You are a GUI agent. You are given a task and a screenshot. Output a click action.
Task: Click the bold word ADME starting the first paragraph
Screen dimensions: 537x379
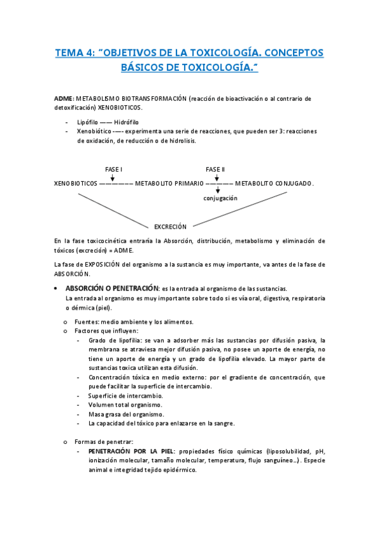click(x=64, y=99)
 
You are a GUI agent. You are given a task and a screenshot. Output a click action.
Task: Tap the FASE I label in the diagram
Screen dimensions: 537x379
click(x=113, y=170)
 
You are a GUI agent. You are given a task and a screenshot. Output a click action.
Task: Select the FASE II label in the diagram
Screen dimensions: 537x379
click(x=215, y=170)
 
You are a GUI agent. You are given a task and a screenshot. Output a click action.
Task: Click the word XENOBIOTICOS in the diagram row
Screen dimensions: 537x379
click(x=76, y=184)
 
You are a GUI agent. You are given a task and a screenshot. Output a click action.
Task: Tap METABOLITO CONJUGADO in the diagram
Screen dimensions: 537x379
click(x=274, y=184)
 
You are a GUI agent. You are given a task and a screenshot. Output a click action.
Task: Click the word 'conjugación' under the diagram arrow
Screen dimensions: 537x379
click(x=220, y=198)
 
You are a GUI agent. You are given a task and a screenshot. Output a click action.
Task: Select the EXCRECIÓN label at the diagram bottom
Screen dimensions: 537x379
click(x=170, y=226)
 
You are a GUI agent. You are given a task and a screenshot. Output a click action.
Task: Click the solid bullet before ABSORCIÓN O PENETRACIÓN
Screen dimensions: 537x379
click(x=58, y=287)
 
